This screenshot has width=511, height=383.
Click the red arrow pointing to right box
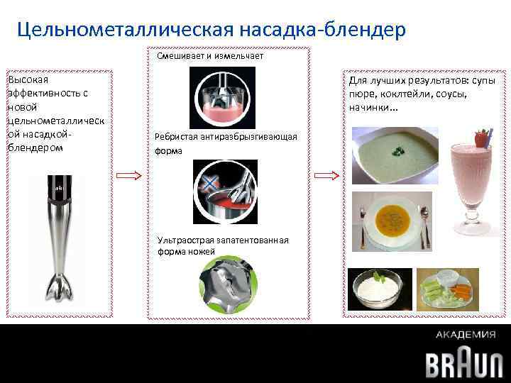[326, 175]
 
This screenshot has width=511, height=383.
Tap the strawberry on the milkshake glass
[483, 135]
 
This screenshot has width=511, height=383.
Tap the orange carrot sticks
[458, 289]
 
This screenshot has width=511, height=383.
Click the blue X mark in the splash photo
[209, 184]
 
